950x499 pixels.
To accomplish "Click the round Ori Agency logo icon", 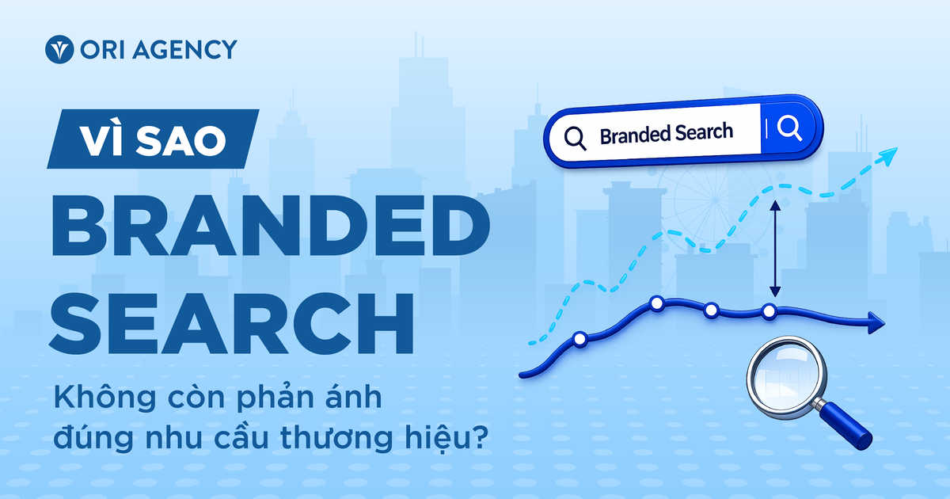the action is pos(59,49).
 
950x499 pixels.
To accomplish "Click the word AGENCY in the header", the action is pos(184,49).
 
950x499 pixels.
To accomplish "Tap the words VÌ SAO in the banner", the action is pos(153,140).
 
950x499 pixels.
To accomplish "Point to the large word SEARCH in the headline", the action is pos(231,323).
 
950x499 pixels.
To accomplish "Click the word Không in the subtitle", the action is pos(105,398).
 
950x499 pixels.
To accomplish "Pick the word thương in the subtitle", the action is pos(336,438).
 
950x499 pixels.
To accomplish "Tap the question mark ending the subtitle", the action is pos(480,436).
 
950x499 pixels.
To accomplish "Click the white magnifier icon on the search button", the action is pos(790,128).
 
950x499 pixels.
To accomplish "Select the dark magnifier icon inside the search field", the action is pos(576,139).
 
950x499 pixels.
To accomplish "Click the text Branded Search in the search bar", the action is pos(667,134).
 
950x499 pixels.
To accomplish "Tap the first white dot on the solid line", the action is pos(579,339).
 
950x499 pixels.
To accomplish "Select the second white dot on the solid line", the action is pos(657,304).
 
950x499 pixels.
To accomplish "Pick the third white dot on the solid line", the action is pos(711,310).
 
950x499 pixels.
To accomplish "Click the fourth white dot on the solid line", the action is pos(769,311).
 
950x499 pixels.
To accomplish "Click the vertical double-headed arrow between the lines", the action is pos(775,249).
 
